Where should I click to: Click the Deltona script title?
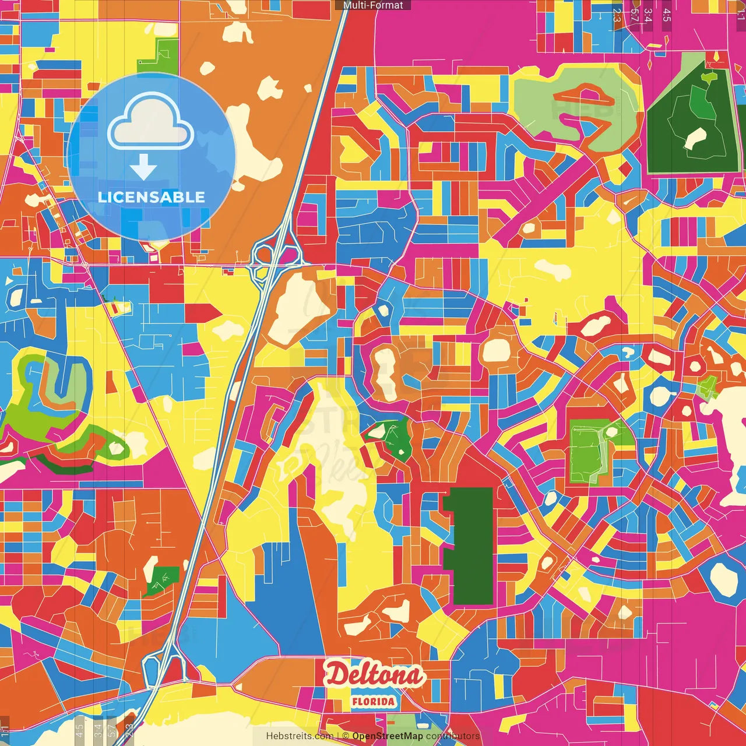(374, 675)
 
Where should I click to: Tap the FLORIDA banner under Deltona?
(373, 702)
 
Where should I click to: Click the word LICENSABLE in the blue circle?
(151, 197)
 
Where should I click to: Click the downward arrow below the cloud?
(143, 167)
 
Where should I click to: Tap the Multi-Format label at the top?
(373, 5)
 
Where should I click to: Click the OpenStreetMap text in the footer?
(388, 736)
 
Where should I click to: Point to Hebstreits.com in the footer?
(300, 736)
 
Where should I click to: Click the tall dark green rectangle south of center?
(470, 546)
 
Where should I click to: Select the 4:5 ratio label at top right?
(666, 15)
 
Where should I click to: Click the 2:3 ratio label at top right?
(617, 15)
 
